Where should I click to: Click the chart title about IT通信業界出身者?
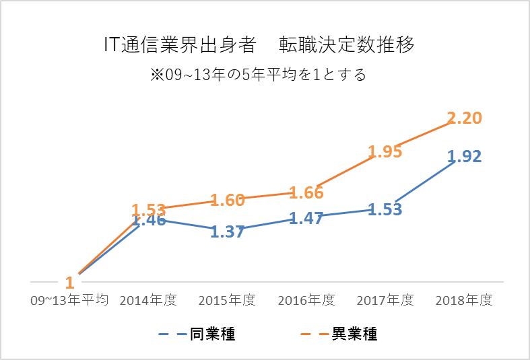(x=259, y=45)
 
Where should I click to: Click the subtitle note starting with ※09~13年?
(x=259, y=74)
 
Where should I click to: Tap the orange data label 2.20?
(x=465, y=118)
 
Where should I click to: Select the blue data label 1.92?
(x=465, y=157)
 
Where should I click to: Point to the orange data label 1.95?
(x=386, y=151)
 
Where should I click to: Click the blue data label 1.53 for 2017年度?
(x=386, y=209)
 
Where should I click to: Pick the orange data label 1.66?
(x=307, y=193)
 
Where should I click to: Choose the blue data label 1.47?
(x=307, y=218)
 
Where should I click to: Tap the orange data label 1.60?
(x=228, y=200)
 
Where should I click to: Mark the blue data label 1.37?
(x=228, y=232)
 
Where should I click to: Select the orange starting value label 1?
(x=69, y=283)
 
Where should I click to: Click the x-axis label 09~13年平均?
(x=69, y=301)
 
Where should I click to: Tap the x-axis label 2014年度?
(x=148, y=301)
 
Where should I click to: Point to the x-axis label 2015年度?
(x=228, y=301)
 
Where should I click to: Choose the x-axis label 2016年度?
(x=306, y=301)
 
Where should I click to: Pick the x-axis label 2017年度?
(x=386, y=301)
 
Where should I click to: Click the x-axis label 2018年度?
(x=465, y=301)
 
